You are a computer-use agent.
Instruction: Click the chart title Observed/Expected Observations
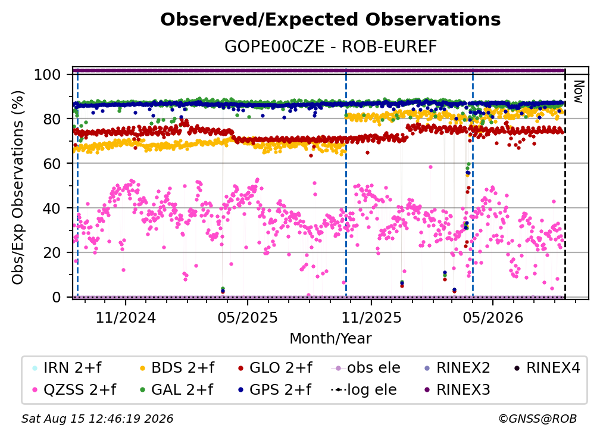tap(330, 20)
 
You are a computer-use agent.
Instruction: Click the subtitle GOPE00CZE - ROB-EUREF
tap(330, 47)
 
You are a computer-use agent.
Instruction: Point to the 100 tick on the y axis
tap(48, 74)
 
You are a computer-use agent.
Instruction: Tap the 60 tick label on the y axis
tap(52, 163)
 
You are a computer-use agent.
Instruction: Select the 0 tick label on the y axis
tap(57, 297)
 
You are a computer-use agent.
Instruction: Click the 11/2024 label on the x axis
tap(126, 317)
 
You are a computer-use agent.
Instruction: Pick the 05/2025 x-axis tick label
tap(248, 317)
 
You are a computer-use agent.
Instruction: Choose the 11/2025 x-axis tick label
tap(371, 317)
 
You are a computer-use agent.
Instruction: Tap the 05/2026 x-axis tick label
tap(493, 317)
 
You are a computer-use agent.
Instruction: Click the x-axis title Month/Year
tap(330, 338)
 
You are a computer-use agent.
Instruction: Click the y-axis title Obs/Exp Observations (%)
tap(18, 188)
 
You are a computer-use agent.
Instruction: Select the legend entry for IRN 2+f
tap(67, 368)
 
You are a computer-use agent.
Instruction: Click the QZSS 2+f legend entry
tap(74, 389)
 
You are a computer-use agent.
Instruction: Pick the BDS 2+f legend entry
tap(177, 368)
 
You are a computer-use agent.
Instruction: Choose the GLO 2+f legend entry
tap(275, 368)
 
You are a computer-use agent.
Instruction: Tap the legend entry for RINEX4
tap(547, 368)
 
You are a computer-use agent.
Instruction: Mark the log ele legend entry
tap(364, 389)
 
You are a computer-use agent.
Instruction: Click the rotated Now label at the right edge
tap(578, 92)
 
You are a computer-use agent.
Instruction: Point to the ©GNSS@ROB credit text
tap(537, 419)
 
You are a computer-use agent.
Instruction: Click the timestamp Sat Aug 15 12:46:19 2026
tap(97, 419)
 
